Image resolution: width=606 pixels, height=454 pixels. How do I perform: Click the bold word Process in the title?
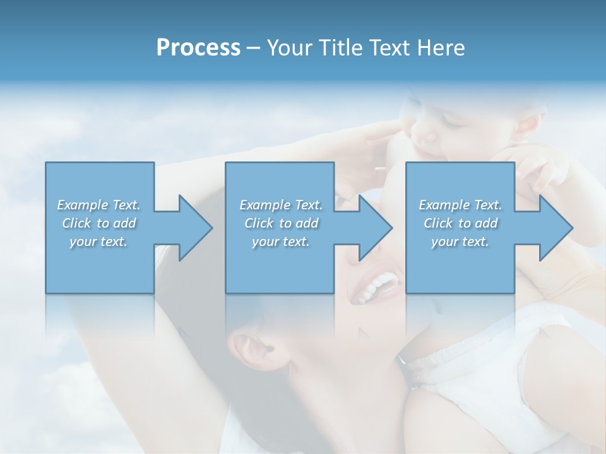click(198, 47)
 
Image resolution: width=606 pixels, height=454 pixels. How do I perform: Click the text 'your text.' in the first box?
click(98, 242)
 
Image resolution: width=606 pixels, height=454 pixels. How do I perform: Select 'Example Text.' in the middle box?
click(281, 205)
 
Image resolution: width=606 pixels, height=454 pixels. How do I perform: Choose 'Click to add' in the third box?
click(460, 223)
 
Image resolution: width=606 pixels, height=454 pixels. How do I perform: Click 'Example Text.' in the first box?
click(98, 205)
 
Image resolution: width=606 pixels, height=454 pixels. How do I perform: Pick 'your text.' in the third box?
click(460, 242)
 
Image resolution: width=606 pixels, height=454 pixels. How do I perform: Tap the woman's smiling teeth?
click(377, 287)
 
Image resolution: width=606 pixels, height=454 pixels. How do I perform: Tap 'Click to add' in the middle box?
click(281, 223)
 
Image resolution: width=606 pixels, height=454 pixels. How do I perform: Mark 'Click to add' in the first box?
click(98, 223)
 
